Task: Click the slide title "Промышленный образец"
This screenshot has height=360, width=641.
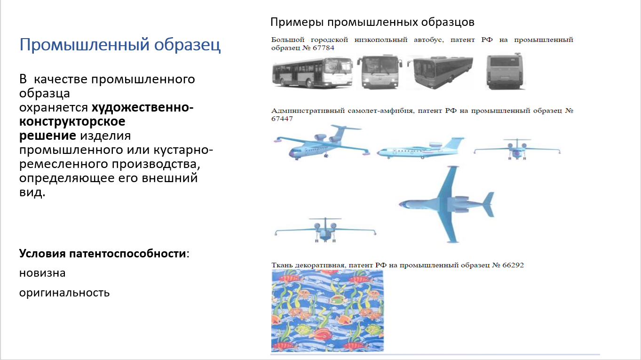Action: [x=120, y=45]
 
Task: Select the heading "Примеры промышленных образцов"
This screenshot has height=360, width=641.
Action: [x=372, y=22]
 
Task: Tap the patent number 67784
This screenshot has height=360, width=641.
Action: [x=324, y=48]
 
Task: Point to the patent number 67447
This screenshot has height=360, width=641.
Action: [x=282, y=119]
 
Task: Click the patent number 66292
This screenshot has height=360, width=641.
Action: [x=513, y=265]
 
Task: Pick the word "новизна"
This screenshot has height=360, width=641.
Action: [x=42, y=273]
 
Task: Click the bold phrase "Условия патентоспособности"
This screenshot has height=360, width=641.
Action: [x=103, y=254]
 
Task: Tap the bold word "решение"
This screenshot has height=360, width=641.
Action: [x=47, y=136]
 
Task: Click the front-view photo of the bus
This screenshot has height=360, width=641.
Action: [x=380, y=72]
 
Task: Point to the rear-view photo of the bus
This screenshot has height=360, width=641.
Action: [x=505, y=71]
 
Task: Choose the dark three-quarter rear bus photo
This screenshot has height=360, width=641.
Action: [x=440, y=72]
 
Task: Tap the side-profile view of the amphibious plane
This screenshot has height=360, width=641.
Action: [x=420, y=148]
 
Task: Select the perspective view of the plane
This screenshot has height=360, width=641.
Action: [x=322, y=142]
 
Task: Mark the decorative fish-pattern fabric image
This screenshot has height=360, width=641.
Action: [x=327, y=311]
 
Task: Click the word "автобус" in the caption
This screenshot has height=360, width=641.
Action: [x=428, y=40]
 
